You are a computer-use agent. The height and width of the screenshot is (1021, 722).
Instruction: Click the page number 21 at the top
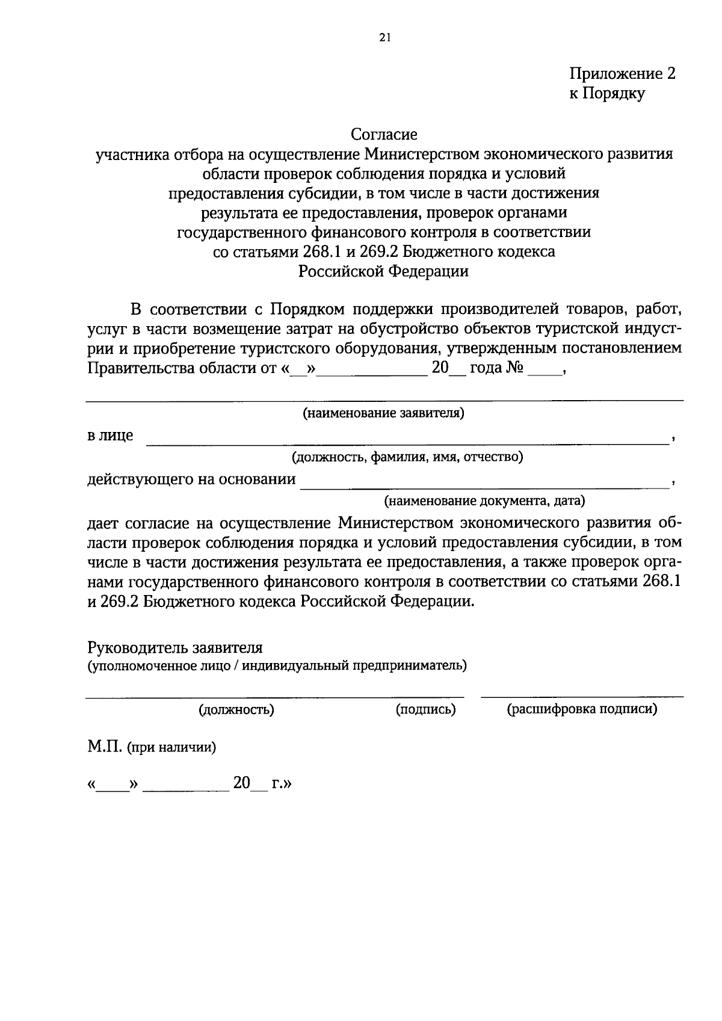tap(386, 38)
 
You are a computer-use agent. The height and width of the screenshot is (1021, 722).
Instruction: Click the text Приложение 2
tap(623, 74)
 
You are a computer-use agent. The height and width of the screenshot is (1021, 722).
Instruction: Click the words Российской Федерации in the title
tap(384, 271)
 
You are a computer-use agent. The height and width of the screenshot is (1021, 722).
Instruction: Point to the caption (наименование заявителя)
tap(384, 413)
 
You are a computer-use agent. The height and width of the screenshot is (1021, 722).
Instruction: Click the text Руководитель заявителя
tap(175, 648)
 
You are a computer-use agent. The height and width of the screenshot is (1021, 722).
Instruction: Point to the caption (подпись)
tap(425, 709)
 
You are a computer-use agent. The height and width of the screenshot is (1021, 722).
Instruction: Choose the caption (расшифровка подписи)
tap(582, 709)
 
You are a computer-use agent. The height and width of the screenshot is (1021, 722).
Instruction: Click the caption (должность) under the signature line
tap(236, 709)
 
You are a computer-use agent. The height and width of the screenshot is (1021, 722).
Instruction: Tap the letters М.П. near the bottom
tap(105, 747)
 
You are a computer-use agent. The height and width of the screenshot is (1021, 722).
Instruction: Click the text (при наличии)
tap(171, 748)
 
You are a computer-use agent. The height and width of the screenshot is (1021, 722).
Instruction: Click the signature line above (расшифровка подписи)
tap(582, 697)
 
